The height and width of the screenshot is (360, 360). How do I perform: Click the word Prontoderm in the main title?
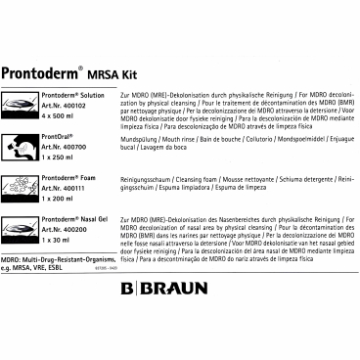[48, 70]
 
